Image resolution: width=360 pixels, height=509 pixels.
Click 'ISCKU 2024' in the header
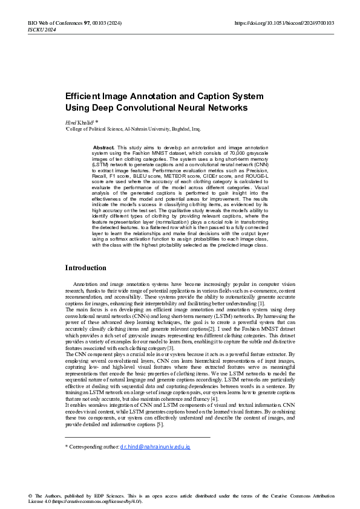[x=41, y=30]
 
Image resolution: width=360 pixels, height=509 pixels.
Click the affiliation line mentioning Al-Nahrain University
[x=133, y=129]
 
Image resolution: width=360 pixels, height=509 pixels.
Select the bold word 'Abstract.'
[x=103, y=148]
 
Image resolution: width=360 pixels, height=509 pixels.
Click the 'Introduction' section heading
[x=85, y=268]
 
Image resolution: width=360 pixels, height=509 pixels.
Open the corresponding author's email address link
[x=155, y=446]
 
